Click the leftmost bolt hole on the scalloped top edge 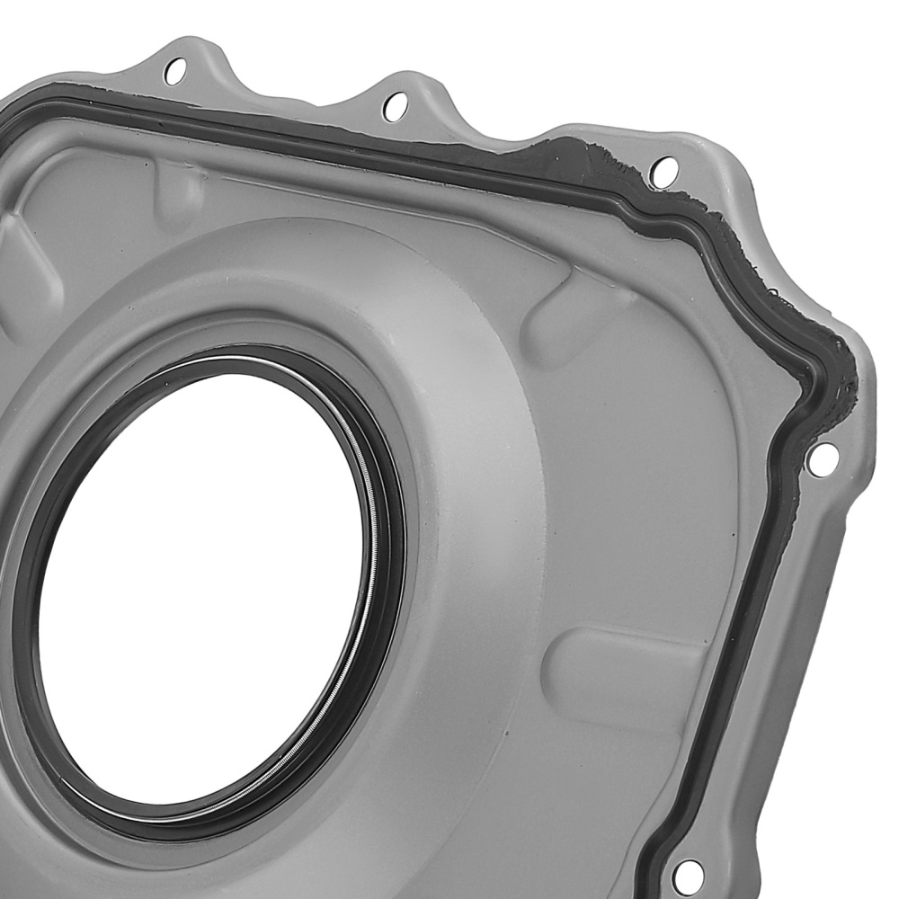(175, 70)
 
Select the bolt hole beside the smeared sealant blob (663, 170)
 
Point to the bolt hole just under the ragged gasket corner (822, 459)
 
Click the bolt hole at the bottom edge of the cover (688, 873)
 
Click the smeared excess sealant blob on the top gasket (575, 157)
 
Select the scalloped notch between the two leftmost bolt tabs (288, 99)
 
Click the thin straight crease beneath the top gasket (360, 193)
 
